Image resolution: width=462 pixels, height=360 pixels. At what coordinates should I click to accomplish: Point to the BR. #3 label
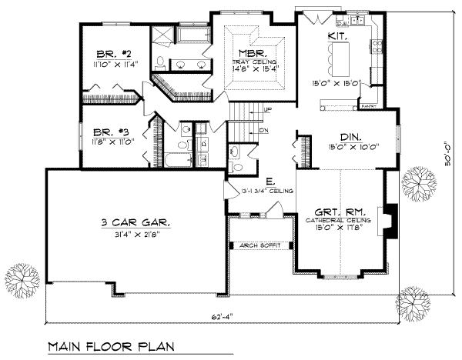point(109,132)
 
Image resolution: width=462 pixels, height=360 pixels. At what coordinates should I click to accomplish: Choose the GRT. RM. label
point(342,211)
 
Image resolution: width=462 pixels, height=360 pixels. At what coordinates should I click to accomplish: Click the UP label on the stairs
point(266,109)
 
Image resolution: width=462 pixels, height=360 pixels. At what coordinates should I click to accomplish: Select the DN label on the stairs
point(263,131)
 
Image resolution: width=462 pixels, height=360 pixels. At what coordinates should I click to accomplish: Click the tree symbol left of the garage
point(21,276)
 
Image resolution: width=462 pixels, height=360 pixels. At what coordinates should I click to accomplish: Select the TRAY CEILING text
point(250,61)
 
